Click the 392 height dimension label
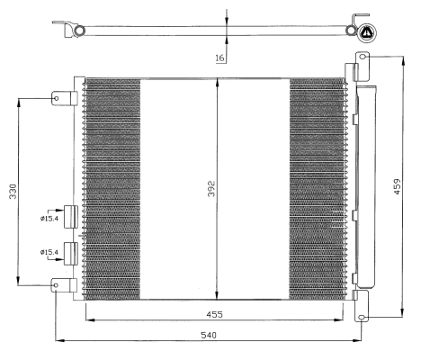[211, 189]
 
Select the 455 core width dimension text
[215, 314]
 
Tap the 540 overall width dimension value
[209, 335]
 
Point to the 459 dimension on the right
[397, 186]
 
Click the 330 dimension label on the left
[13, 192]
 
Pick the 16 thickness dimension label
[219, 58]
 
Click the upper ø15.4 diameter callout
[49, 219]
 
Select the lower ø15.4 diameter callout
[49, 252]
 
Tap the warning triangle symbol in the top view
[367, 32]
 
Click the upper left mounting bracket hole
[56, 98]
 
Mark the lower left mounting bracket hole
[56, 285]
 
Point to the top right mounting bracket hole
[363, 57]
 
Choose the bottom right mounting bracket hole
[363, 317]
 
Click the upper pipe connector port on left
[71, 217]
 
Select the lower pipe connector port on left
[71, 254]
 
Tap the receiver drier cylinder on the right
[366, 186]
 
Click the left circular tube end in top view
[80, 31]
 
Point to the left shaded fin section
[112, 189]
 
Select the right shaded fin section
[317, 189]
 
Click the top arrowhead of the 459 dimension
[404, 61]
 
